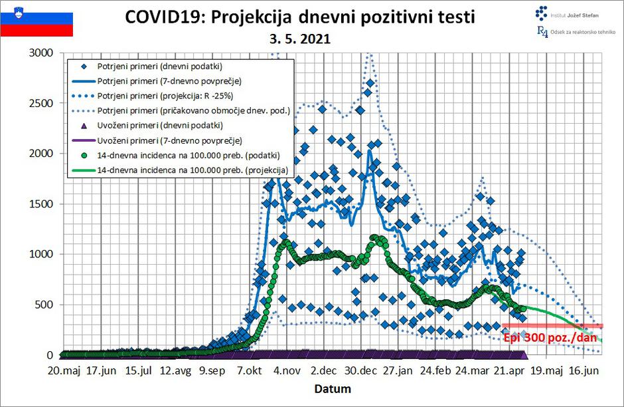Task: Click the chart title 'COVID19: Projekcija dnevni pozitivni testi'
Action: pyautogui.click(x=300, y=17)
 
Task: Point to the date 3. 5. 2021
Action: pyautogui.click(x=300, y=39)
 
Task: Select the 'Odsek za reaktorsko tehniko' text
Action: pyautogui.click(x=582, y=32)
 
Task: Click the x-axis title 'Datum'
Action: pyautogui.click(x=332, y=388)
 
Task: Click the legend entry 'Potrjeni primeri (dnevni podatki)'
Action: pyautogui.click(x=159, y=67)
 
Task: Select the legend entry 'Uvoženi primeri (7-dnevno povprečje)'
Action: pyautogui.click(x=166, y=140)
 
